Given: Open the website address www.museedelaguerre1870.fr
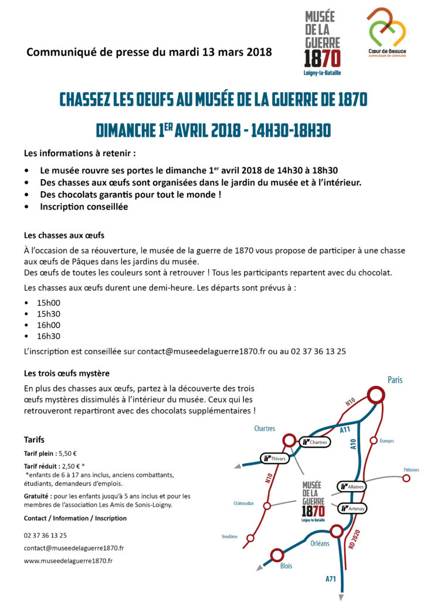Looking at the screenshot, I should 68,560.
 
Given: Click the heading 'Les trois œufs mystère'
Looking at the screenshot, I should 67,373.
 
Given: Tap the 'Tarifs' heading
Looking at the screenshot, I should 34,439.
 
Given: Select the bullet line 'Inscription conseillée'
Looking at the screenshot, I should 84,206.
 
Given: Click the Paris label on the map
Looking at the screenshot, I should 395,379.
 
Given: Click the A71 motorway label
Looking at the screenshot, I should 331,579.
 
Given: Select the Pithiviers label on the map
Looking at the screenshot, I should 411,470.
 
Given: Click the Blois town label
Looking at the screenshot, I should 286,566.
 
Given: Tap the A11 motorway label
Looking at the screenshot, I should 345,430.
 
